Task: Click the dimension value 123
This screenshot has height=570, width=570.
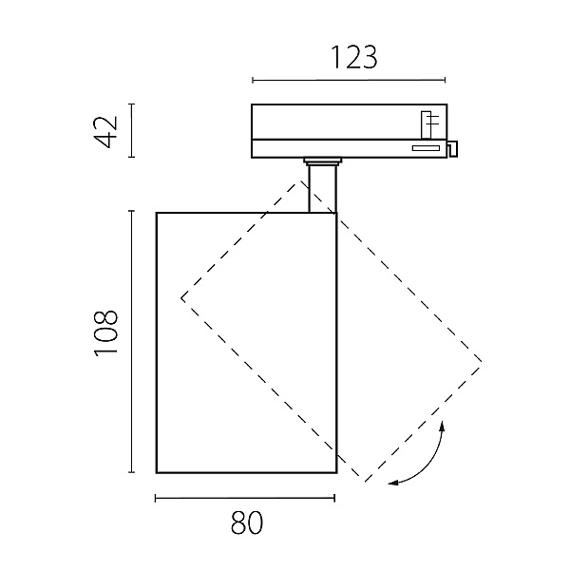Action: tap(354, 57)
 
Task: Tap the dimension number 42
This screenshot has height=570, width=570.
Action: tap(105, 132)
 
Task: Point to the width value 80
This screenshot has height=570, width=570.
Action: tap(246, 522)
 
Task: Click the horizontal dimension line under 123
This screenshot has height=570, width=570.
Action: tap(349, 80)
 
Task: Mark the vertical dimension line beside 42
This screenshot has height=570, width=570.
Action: tap(132, 130)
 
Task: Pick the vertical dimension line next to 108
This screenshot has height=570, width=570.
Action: tap(132, 341)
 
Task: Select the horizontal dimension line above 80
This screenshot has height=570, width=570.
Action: tap(245, 498)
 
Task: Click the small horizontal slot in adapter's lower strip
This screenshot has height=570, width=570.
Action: tap(426, 148)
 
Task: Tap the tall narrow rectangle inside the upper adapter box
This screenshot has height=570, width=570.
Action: tap(426, 124)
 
